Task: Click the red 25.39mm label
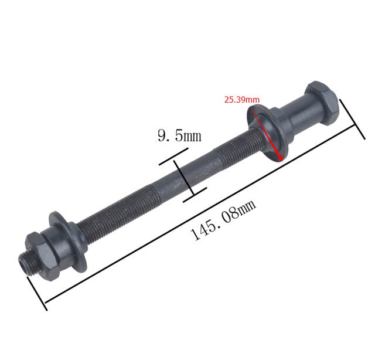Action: [x=241, y=99]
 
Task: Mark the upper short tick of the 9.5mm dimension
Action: [x=171, y=158]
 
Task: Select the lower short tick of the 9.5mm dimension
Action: [x=195, y=194]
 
